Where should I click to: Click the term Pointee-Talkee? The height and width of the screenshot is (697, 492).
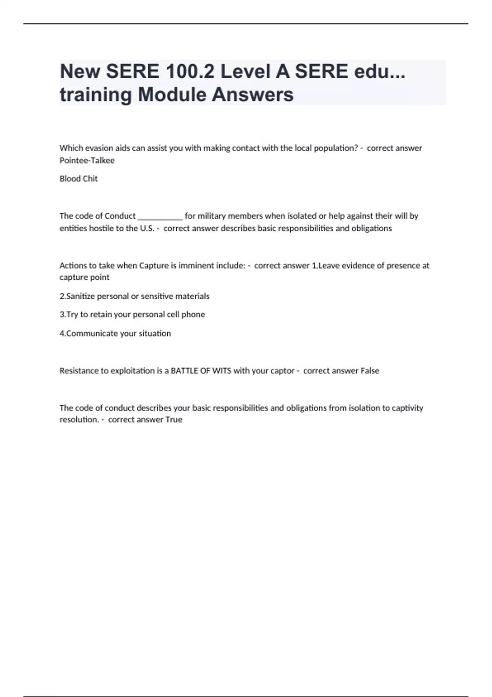click(87, 160)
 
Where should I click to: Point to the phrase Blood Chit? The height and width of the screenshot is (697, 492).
click(79, 179)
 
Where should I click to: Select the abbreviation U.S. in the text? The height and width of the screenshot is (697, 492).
click(147, 228)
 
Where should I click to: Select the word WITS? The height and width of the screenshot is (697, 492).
click(222, 371)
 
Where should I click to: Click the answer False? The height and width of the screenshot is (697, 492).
click(370, 371)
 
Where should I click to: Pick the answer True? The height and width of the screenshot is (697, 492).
click(174, 419)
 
